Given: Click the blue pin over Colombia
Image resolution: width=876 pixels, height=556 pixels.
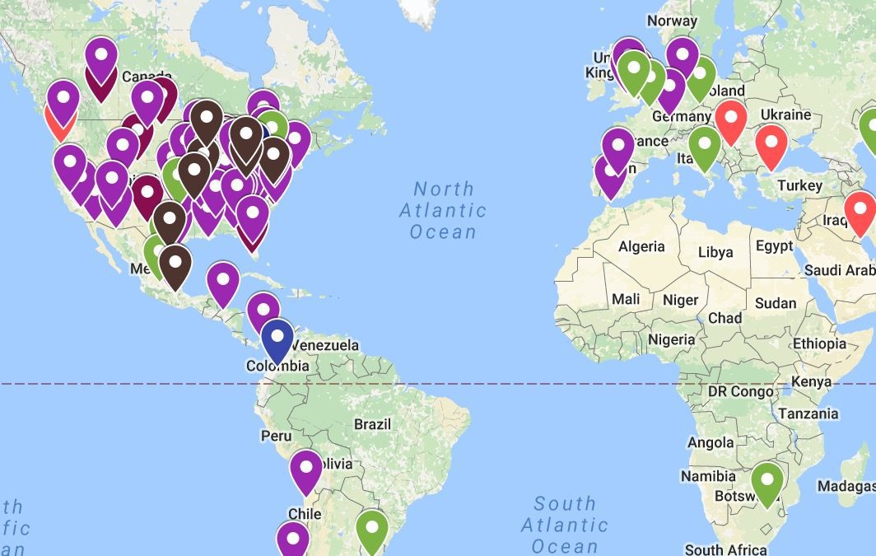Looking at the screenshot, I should tap(277, 339).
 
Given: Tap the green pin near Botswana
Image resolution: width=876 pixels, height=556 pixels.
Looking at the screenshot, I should tap(767, 482).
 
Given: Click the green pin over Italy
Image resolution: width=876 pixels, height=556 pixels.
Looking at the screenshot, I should tap(705, 147).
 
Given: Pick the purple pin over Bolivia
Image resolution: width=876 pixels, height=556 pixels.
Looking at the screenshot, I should tap(305, 470).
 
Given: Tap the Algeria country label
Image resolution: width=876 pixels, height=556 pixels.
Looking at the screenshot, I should tap(641, 246).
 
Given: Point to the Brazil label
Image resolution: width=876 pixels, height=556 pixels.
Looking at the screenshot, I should tap(372, 425).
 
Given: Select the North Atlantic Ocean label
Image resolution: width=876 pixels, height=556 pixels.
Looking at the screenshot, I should tap(443, 210).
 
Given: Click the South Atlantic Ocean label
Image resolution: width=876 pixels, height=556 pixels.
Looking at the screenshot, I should tap(565, 525).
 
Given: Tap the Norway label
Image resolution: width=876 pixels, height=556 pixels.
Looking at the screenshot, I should tap(672, 21).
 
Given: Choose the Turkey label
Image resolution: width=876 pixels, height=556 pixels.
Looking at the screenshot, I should tap(801, 185).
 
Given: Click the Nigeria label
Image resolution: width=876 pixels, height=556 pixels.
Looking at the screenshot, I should tap(671, 339).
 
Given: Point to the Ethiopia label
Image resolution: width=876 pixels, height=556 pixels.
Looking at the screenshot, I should tap(819, 343).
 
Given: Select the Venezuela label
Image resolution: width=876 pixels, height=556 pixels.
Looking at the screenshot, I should tap(326, 345).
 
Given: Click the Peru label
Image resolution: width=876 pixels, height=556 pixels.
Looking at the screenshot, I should tap(276, 435).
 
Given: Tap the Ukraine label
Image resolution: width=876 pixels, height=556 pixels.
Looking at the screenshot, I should tap(785, 114).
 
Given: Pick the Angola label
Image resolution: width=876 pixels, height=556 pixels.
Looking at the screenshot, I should tap(710, 443).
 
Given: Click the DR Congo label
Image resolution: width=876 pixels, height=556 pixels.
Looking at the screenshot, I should tap(740, 392).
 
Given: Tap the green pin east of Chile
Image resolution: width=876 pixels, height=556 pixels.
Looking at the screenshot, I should tap(372, 529).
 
